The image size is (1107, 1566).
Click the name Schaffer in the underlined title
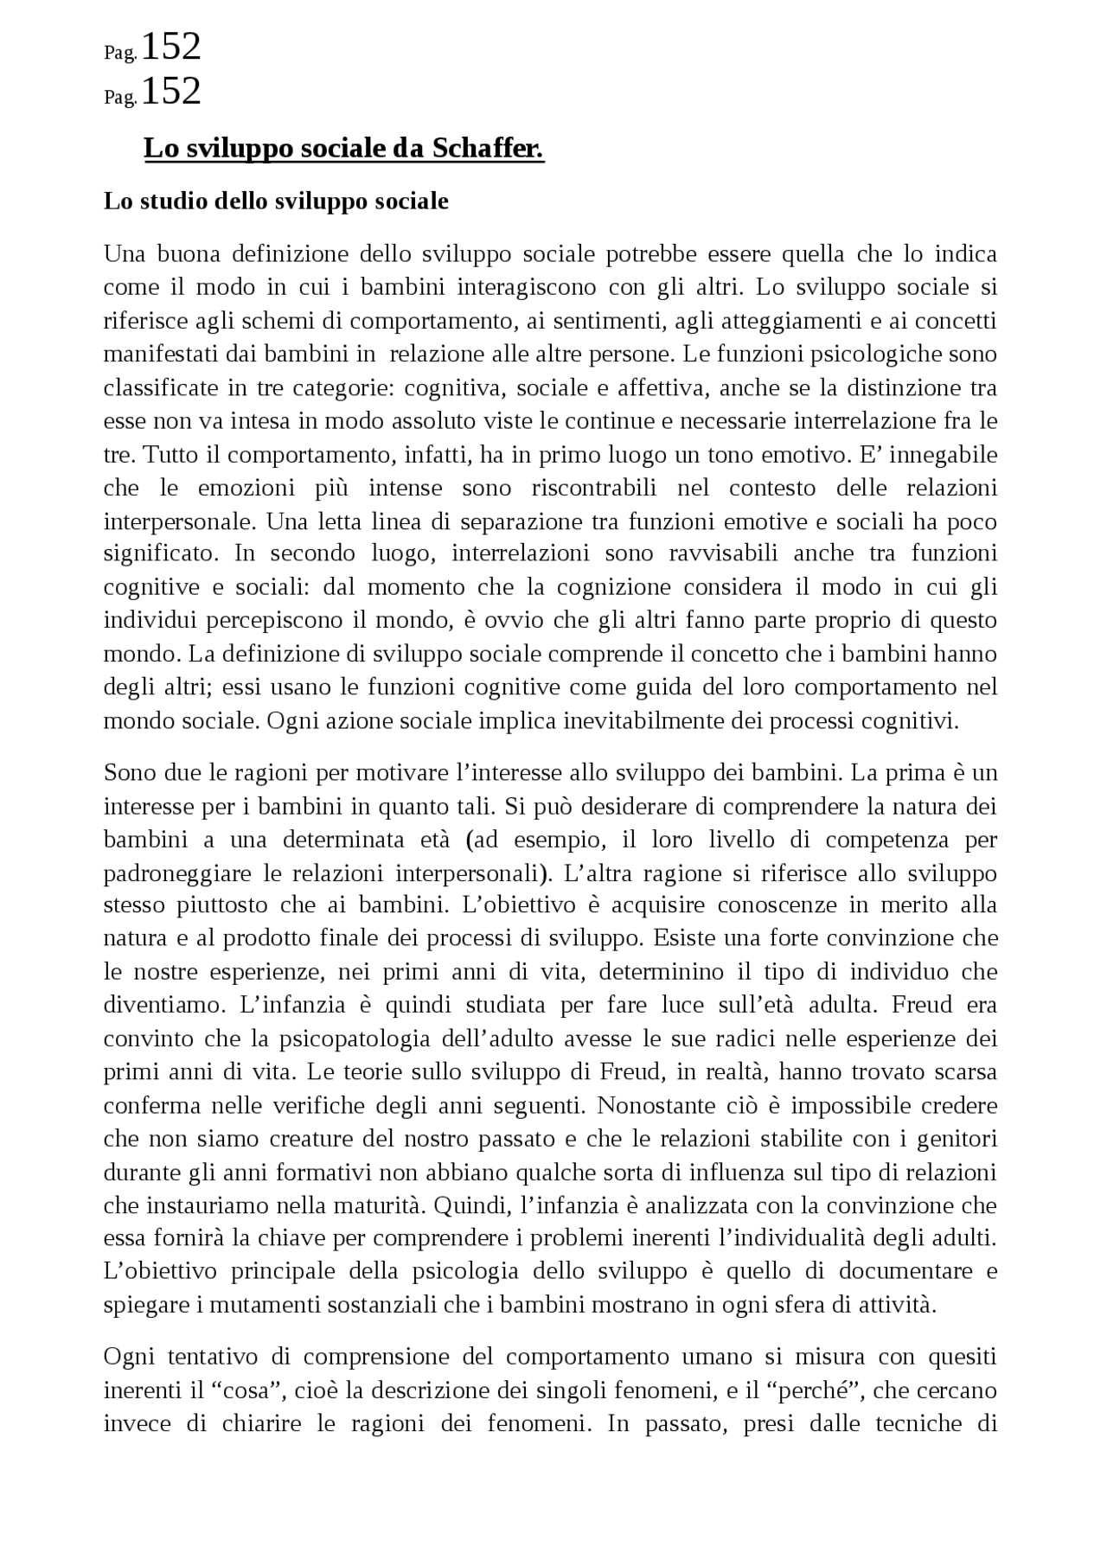point(488,149)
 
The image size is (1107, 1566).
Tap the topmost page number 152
point(170,46)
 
